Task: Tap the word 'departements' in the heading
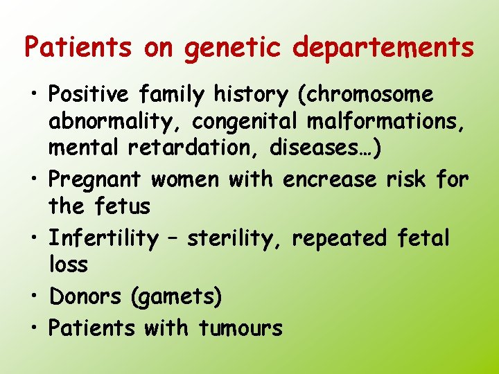coord(384,48)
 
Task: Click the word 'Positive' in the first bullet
coord(89,93)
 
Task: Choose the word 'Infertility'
coord(104,238)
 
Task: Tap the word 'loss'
coord(68,265)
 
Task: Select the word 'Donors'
coord(85,296)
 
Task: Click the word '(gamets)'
coord(176,297)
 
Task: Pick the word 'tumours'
coord(240,327)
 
